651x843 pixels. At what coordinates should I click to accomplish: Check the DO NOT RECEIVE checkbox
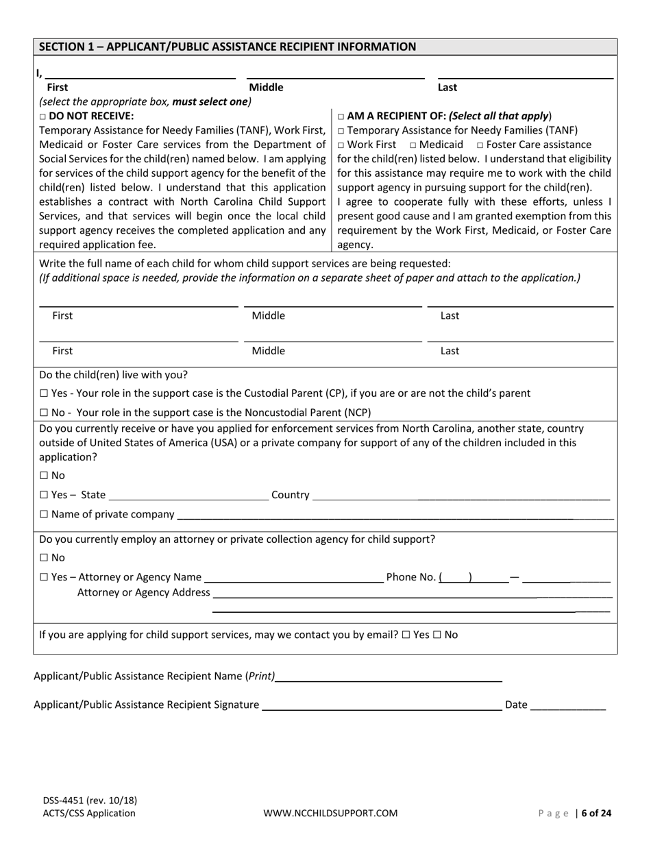[x=42, y=117]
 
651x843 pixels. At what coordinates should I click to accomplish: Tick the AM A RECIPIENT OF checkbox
[x=341, y=117]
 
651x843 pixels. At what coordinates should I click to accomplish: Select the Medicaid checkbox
[x=413, y=145]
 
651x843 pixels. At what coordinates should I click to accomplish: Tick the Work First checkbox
[x=341, y=145]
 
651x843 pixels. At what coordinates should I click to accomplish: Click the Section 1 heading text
[x=228, y=47]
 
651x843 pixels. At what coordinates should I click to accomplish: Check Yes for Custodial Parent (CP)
[x=44, y=393]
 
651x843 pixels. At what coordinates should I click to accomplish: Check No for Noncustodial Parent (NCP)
[x=44, y=413]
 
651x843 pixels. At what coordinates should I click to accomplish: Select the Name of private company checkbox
[x=44, y=515]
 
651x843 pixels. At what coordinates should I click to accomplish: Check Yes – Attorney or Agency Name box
[x=44, y=577]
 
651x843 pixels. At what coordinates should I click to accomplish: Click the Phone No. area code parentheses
[x=456, y=578]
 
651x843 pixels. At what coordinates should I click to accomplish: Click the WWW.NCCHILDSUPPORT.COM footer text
[x=330, y=814]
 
